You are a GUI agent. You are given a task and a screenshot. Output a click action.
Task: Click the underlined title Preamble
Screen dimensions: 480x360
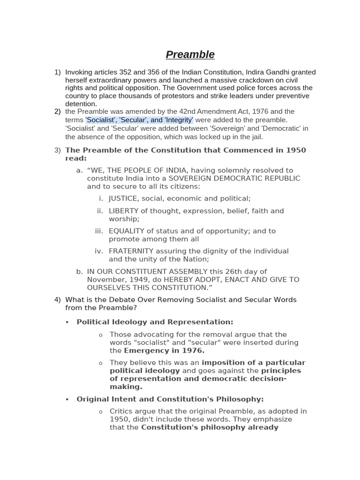190,55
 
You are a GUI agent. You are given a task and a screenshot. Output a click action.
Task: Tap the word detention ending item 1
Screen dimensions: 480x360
81,104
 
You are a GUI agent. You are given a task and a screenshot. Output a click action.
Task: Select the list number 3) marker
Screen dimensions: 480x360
58,150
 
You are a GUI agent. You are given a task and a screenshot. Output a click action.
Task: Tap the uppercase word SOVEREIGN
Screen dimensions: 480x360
190,179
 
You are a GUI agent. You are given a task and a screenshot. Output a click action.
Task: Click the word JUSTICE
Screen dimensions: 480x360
123,199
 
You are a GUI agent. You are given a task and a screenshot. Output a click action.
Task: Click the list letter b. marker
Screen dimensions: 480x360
79,271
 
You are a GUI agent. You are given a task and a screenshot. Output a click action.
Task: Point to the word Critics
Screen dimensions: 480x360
122,411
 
